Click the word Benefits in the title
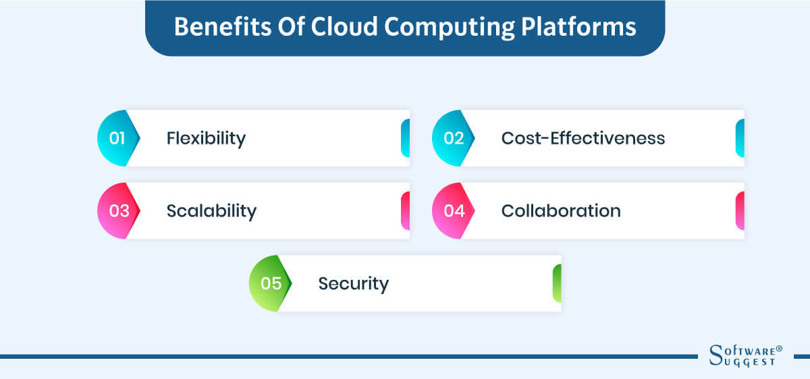pos(215,27)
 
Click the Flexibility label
pos(206,138)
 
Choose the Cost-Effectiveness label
pos(583,138)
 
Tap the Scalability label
pos(211,211)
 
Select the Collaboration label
pos(561,211)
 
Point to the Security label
pos(354,283)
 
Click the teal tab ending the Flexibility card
pos(405,138)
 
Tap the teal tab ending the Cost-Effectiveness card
pos(740,138)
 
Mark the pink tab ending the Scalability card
pos(405,211)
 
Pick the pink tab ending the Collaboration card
pos(740,211)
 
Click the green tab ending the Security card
pos(557,283)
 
